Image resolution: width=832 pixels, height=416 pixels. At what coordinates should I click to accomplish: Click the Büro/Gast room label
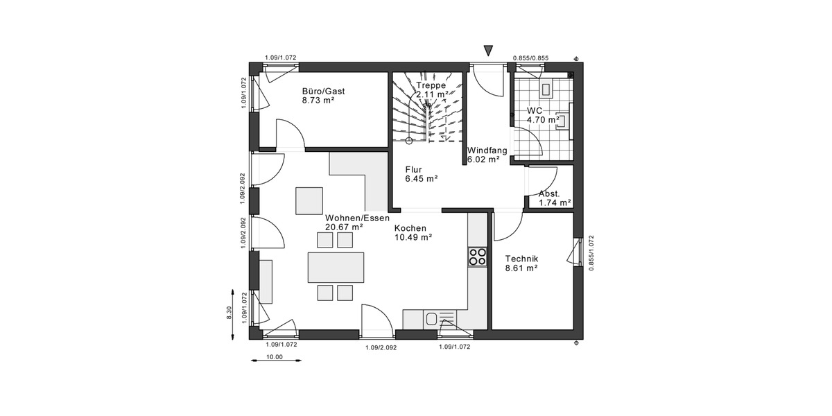tap(323, 91)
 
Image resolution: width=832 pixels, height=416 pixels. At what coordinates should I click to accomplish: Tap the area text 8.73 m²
tap(318, 101)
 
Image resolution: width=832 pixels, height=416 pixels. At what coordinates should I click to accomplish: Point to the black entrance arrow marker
tap(488, 50)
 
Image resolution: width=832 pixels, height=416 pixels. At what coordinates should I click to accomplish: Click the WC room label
tap(534, 110)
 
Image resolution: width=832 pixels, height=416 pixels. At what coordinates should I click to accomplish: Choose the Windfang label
tap(487, 150)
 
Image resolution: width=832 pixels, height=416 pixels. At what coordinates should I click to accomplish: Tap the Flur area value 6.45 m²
tap(422, 178)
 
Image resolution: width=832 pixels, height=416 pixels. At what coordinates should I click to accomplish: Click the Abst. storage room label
tap(549, 193)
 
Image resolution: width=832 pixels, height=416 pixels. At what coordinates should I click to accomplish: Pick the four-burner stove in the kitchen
tap(477, 257)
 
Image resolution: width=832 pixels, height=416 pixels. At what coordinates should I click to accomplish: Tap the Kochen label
tap(410, 227)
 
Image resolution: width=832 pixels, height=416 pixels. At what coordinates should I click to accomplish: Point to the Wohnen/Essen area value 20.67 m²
tap(345, 227)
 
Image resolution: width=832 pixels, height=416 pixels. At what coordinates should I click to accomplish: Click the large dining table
tap(336, 267)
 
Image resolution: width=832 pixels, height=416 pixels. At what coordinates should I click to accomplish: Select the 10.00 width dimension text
tap(275, 358)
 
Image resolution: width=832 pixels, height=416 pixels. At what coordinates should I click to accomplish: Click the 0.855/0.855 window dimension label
tap(530, 58)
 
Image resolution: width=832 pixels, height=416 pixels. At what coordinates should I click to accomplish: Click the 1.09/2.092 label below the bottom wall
tap(381, 347)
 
